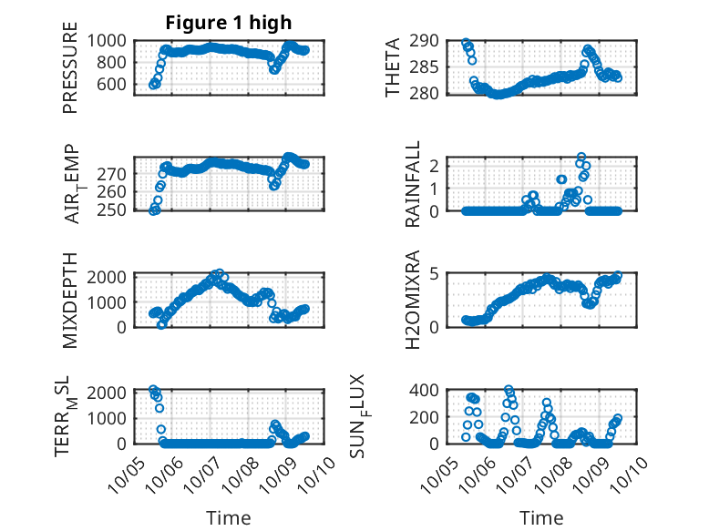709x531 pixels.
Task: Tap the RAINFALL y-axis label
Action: click(413, 184)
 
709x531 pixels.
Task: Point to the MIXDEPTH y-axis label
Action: click(70, 300)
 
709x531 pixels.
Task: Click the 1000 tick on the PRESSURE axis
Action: click(111, 40)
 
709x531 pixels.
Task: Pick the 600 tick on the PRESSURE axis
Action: click(117, 84)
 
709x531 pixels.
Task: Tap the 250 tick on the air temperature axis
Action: click(117, 210)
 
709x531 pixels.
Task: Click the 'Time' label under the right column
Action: click(541, 517)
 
